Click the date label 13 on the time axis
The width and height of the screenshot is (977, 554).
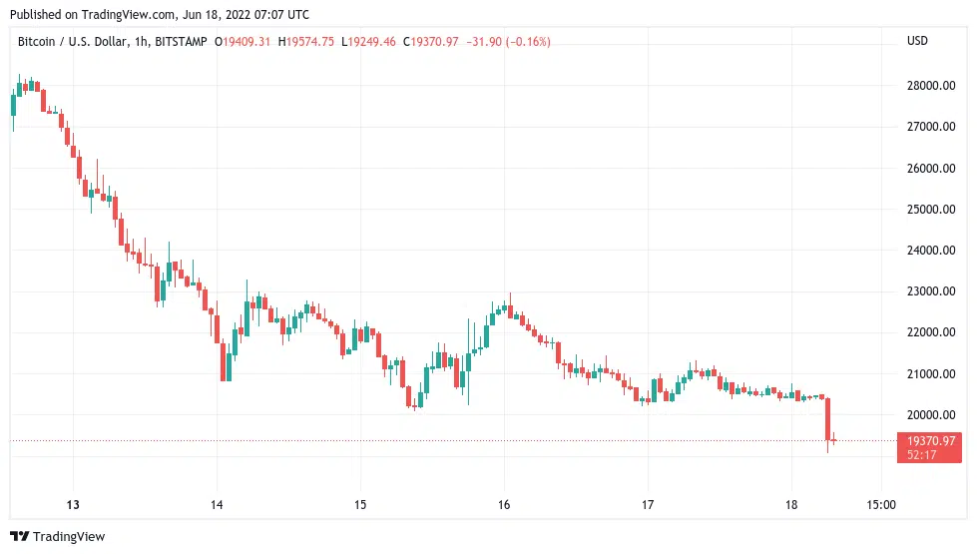point(73,504)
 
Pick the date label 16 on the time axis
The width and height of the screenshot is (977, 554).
point(504,504)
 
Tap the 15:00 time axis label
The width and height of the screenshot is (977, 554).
point(881,504)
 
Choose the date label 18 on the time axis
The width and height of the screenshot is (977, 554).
point(790,504)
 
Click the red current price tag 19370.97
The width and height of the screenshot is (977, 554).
point(930,440)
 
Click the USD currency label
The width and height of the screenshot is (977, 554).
point(917,41)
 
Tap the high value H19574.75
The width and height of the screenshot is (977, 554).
point(306,41)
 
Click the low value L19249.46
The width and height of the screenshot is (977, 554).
point(368,41)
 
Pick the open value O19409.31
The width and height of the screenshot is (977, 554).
point(244,41)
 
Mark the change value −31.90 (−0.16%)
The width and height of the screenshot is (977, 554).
point(506,41)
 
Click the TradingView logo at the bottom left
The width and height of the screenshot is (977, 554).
point(58,537)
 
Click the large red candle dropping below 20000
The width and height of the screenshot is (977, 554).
point(827,418)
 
